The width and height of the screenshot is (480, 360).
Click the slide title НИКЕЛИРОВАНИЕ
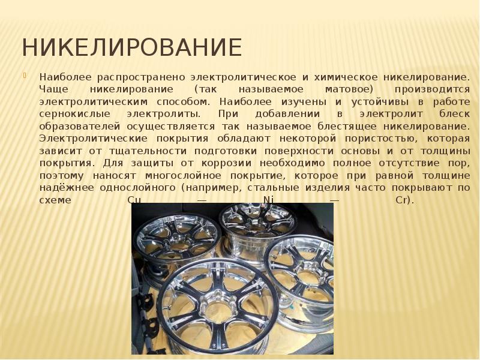click(132, 47)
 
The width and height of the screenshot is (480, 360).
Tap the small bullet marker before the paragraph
click(25, 76)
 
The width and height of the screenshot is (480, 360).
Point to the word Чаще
click(53, 88)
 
